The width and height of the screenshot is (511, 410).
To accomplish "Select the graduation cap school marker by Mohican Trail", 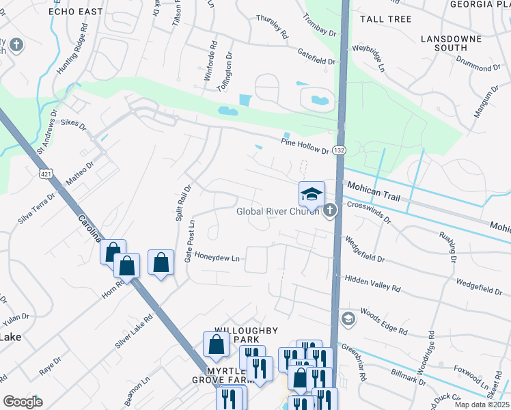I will click(312, 194).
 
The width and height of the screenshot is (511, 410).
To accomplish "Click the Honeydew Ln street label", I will click(218, 258).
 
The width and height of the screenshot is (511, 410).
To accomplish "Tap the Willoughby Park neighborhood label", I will click(246, 335).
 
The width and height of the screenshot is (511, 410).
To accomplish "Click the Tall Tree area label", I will click(385, 19).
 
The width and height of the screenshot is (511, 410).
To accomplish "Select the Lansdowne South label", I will click(444, 43).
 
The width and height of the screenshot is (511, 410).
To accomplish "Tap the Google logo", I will click(23, 401).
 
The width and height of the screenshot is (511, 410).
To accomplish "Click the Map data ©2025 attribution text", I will click(482, 405).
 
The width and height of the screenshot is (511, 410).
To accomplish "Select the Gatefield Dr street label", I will click(316, 56).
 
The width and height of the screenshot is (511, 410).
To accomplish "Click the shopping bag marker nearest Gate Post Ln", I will click(160, 264).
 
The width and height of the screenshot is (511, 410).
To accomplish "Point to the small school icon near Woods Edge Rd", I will click(348, 319).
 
